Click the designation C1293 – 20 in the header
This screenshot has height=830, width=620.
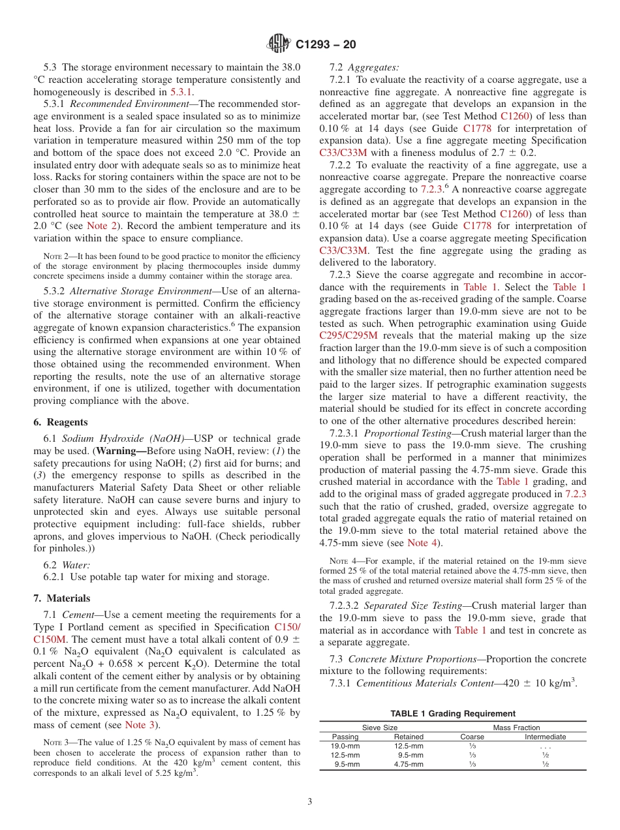[x=326, y=45]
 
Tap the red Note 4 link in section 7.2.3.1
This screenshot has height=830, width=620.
[x=418, y=542]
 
